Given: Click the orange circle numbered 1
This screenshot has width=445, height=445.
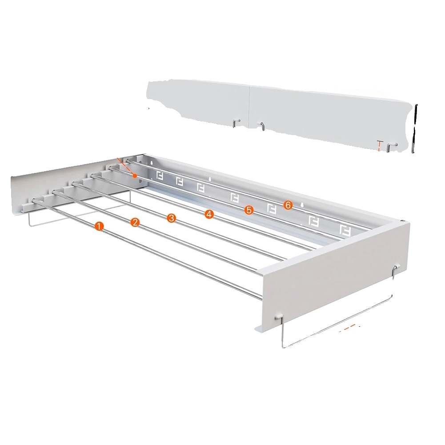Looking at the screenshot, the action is point(99,226).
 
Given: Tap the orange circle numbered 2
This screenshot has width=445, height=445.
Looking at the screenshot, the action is point(135,222).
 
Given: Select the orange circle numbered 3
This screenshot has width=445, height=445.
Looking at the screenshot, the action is point(172,218).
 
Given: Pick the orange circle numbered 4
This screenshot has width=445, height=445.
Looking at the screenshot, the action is point(209,214).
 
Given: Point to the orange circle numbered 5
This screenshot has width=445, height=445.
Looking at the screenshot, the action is point(249,210).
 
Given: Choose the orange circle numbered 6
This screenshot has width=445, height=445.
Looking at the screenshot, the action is point(288,205).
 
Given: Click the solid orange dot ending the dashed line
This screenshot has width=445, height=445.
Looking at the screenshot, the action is point(136,176).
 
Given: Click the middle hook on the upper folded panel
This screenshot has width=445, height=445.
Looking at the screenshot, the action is point(262,126).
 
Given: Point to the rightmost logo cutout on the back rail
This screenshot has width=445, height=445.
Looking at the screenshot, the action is point(345,231).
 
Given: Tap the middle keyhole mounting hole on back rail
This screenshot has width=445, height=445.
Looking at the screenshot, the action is point(210,179).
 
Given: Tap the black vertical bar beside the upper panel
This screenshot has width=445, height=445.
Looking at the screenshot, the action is point(414,128).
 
